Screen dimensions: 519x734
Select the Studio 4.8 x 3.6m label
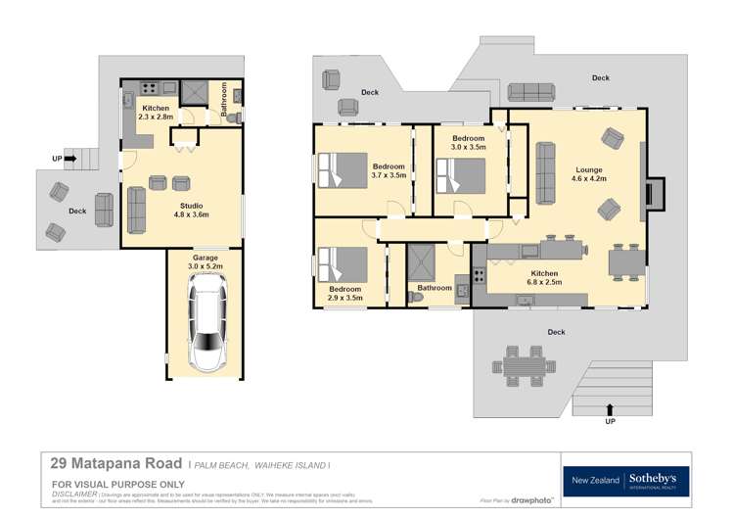pyautogui.click(x=191, y=208)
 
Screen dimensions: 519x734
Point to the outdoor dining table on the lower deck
pyautogui.click(x=524, y=365)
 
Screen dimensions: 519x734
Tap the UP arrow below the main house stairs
pyautogui.click(x=612, y=412)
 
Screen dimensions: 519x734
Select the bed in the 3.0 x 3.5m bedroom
pyautogui.click(x=460, y=176)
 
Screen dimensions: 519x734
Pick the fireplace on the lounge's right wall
pyautogui.click(x=654, y=191)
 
